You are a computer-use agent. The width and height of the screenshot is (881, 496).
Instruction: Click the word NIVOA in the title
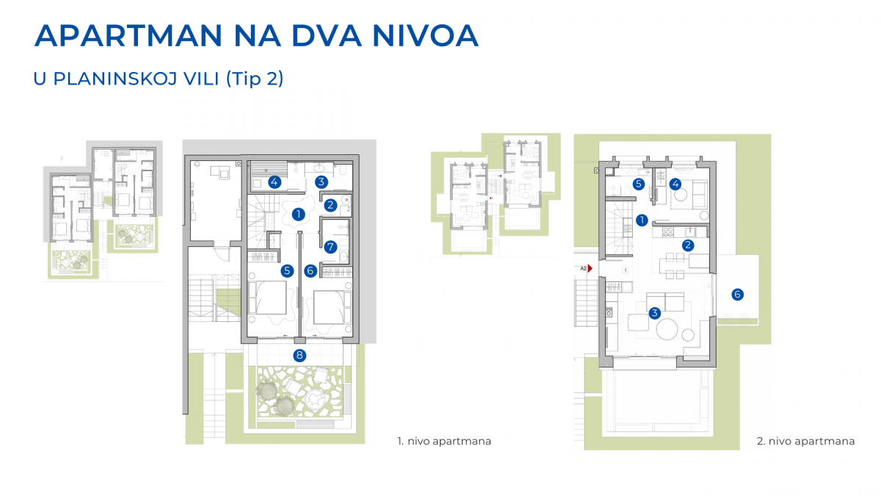[x=425, y=36]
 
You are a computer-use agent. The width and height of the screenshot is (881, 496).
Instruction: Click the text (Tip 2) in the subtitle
[x=255, y=79]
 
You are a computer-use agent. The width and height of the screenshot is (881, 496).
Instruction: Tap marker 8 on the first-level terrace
[x=300, y=356]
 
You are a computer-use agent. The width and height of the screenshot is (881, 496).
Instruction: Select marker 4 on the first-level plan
[x=274, y=182]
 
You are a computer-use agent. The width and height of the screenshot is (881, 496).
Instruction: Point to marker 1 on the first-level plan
[x=298, y=214]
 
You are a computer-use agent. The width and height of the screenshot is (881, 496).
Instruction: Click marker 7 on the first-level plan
[x=330, y=247]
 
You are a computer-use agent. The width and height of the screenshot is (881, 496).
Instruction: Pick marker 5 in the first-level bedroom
[x=287, y=271]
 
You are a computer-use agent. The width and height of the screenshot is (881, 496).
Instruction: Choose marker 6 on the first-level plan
[x=311, y=271]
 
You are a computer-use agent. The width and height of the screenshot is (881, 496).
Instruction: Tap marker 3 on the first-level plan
[x=321, y=182]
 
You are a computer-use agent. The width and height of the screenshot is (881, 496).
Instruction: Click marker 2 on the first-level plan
[x=330, y=205]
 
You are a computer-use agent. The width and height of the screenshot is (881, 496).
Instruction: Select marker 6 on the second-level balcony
[x=737, y=294]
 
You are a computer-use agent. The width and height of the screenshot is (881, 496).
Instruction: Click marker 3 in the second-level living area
[x=654, y=313]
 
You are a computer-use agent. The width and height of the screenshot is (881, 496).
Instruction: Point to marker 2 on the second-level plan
[x=688, y=245]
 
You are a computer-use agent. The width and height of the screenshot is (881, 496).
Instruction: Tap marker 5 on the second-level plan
[x=638, y=184]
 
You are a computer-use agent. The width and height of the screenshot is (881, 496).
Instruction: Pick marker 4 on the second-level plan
[x=675, y=184]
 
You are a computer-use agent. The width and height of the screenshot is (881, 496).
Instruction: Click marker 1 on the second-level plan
[x=642, y=220]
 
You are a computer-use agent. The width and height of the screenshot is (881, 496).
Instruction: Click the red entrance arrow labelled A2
[x=590, y=268]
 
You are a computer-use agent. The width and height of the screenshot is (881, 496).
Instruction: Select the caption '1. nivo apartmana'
[x=444, y=442]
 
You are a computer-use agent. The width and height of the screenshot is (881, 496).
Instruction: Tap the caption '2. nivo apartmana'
[x=805, y=442]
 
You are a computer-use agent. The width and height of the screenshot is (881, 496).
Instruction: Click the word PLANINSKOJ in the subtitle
[x=136, y=79]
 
